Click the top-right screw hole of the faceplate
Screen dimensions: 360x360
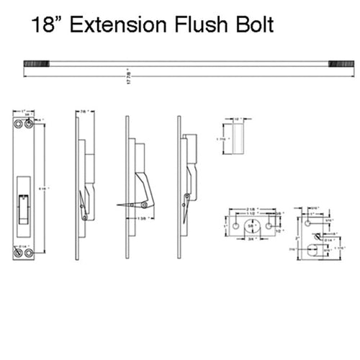pos(29,124)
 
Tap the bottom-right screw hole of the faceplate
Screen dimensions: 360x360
pos(29,253)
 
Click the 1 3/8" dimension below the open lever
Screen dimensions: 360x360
pos(143,216)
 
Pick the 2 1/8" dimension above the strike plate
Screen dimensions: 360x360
pos(250,210)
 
